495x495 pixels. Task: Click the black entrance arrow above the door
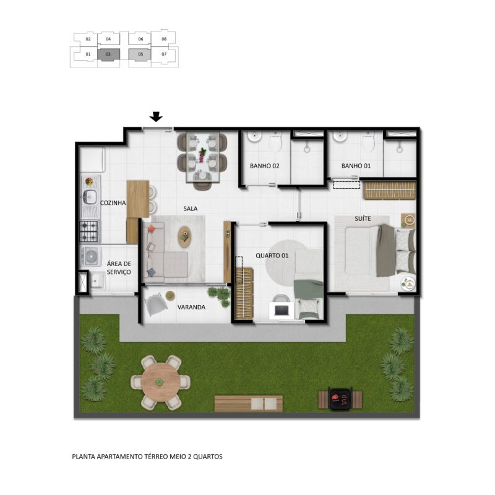[156, 117]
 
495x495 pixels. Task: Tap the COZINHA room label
[113, 203]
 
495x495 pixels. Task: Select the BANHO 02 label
[265, 166]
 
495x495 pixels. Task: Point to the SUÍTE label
[363, 218]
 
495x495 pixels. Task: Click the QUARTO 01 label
[272, 256]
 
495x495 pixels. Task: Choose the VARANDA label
[191, 307]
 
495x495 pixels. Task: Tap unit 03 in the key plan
[108, 54]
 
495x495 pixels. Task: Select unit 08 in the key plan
[164, 39]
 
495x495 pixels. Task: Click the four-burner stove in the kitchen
[88, 231]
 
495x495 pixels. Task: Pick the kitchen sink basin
[89, 197]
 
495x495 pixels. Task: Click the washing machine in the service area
[91, 256]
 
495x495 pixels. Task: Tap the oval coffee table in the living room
[184, 237]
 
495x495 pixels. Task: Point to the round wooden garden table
[160, 382]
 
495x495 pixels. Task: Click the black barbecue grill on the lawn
[340, 399]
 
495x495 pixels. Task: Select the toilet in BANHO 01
[368, 143]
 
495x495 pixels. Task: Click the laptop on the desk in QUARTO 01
[280, 311]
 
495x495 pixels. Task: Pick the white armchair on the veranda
[156, 304]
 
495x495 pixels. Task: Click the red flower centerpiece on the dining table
[202, 156]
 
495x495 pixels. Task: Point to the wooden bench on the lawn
[249, 403]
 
